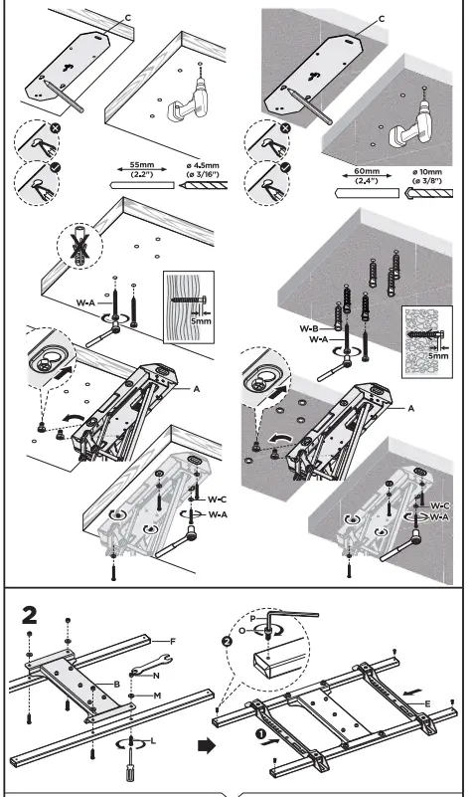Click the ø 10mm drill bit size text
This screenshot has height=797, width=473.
pos(430,176)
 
